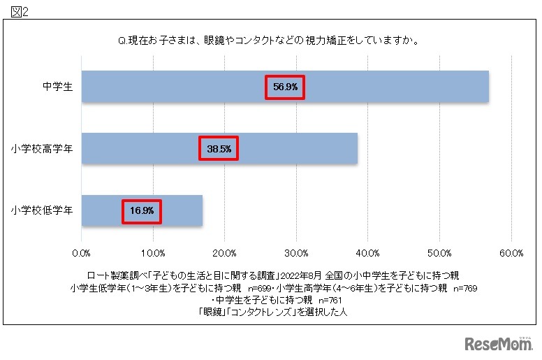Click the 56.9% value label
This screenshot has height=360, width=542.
click(x=285, y=87)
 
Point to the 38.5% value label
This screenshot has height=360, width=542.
click(x=219, y=149)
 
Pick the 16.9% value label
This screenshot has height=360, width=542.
click(x=142, y=210)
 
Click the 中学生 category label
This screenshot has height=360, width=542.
click(x=54, y=87)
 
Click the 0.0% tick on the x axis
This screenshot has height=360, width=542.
click(x=82, y=252)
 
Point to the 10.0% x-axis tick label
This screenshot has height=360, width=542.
click(x=154, y=252)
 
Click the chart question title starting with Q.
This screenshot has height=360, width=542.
click(x=269, y=40)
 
